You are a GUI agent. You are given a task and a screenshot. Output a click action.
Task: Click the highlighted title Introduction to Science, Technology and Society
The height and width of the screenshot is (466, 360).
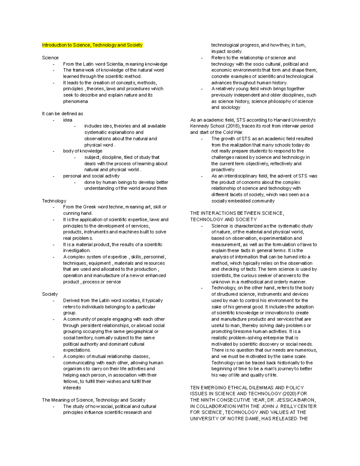tap(92, 45)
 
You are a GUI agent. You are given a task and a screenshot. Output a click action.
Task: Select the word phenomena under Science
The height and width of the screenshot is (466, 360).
tap(75, 101)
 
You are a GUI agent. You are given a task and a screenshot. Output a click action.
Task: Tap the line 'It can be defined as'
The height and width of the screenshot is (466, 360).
tap(62, 114)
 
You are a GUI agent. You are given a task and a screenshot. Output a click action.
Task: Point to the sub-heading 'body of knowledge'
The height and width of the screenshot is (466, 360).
tap(82, 151)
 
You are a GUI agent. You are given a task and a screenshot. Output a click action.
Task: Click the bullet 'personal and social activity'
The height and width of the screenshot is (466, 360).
tap(91, 176)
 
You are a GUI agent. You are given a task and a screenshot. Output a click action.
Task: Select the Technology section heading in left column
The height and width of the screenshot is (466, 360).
tap(54, 201)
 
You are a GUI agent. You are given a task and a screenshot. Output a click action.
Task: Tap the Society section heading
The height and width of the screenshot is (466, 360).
tap(50, 294)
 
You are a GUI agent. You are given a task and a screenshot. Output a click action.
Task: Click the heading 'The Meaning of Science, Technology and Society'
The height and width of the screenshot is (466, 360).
tap(94, 400)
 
